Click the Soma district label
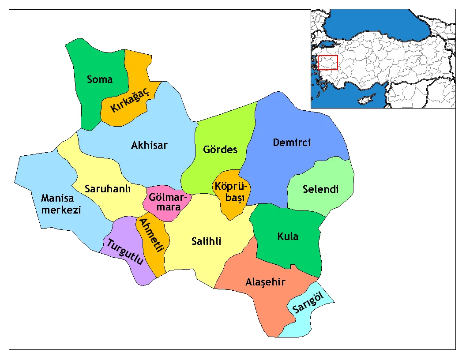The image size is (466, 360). click(100, 79)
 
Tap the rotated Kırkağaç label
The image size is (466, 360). click(130, 101)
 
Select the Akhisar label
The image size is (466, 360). click(149, 145)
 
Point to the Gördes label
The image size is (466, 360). click(220, 149)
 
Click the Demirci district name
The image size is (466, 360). click(292, 142)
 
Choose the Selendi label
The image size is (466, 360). click(321, 189)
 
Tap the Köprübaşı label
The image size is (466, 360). click(232, 192)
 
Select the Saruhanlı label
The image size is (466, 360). click(108, 189)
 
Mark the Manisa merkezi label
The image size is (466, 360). click(61, 204)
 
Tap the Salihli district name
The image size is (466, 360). click(207, 241)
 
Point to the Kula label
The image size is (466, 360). click(288, 236)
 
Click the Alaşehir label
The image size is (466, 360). click(265, 282)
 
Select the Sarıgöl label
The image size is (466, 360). click(308, 305)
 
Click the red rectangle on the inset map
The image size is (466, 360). click(328, 62)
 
